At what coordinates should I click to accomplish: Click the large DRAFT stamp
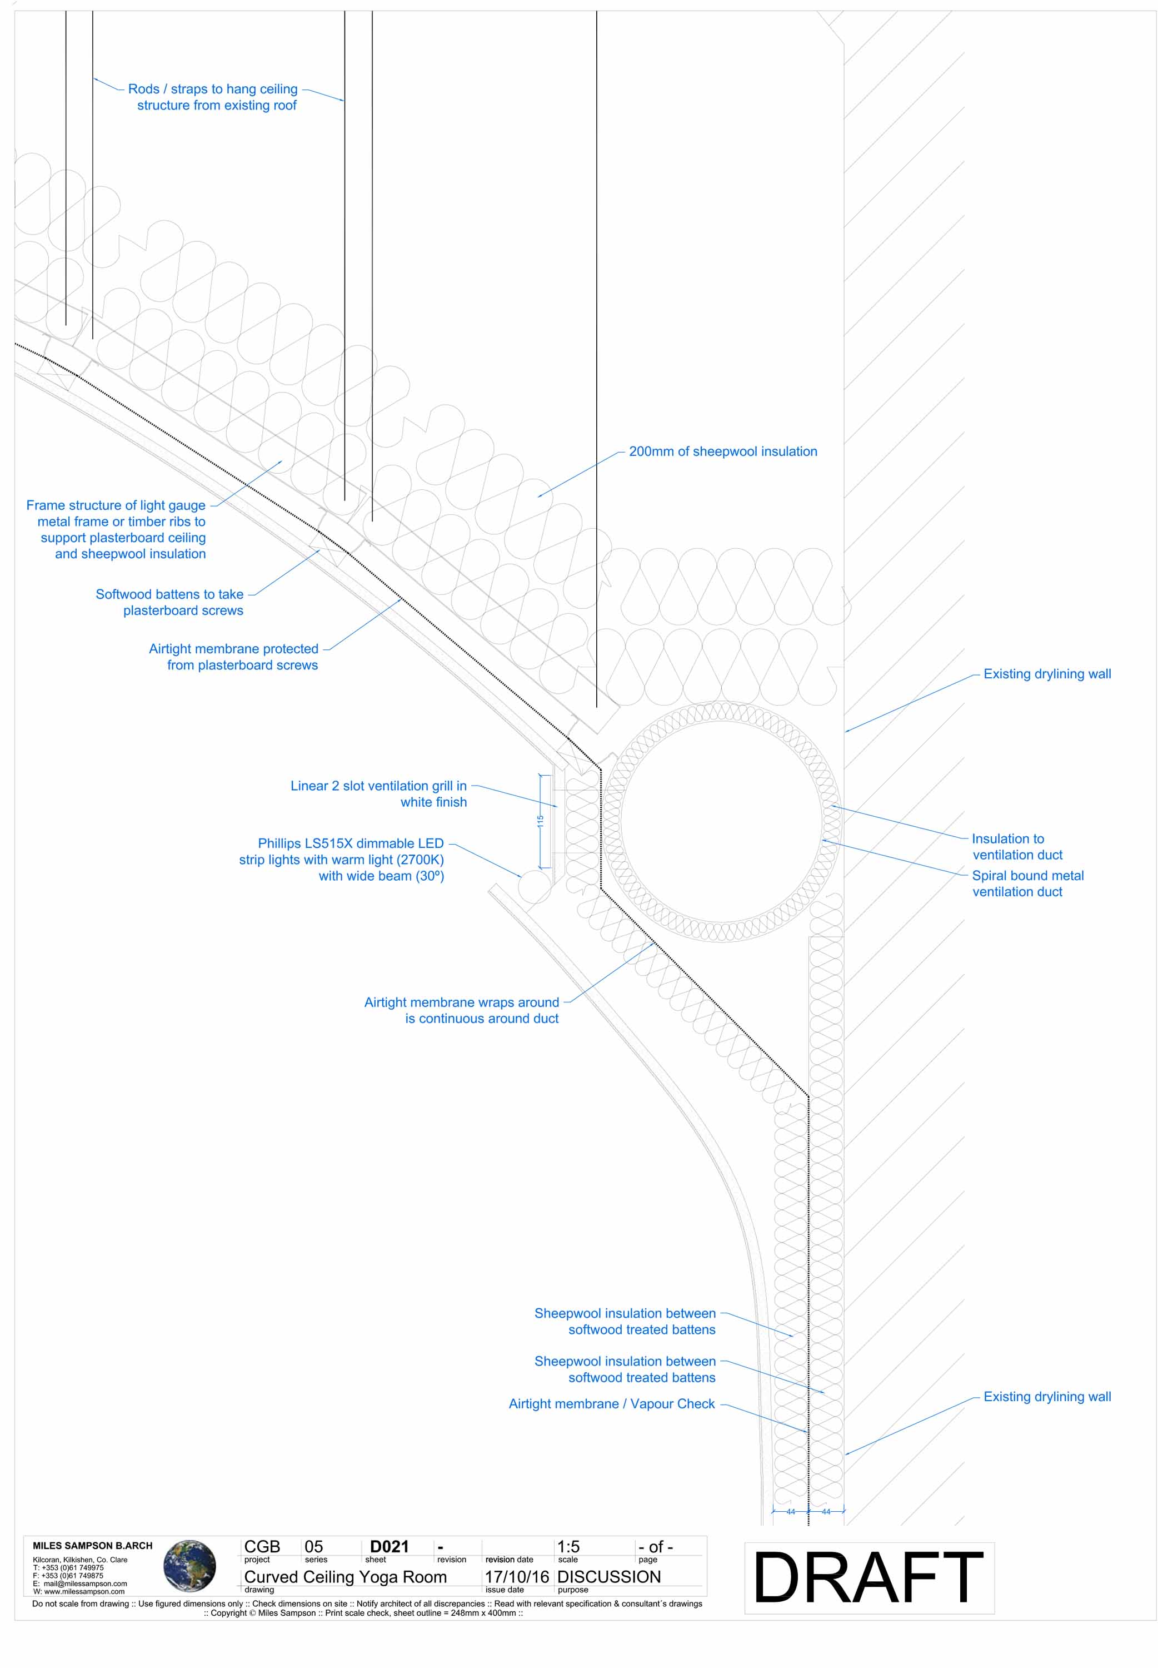868,1577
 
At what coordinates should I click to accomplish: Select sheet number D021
389,1546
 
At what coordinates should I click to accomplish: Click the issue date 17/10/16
517,1577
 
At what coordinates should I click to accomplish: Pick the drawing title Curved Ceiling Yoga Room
346,1577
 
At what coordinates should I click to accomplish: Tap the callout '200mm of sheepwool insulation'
723,451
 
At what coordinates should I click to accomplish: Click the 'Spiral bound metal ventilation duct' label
1027,883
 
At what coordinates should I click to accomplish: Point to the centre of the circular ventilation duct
722,822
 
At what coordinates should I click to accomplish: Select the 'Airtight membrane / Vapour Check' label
612,1404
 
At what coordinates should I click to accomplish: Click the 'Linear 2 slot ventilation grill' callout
379,793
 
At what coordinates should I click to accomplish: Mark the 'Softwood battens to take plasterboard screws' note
171,602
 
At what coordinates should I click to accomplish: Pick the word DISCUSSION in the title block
609,1577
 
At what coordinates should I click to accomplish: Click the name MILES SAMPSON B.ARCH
92,1545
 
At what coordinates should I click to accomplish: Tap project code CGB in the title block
262,1546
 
